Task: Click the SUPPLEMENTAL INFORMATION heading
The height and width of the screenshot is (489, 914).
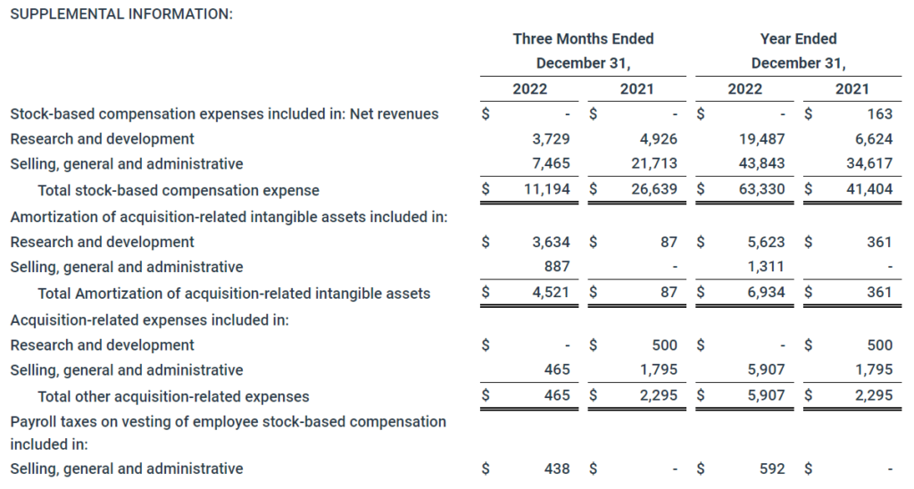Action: point(120,14)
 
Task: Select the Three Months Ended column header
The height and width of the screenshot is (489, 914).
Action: point(583,38)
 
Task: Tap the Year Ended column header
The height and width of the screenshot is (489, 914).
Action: point(798,38)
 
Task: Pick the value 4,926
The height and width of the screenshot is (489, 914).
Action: point(659,138)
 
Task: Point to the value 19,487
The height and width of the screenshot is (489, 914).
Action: point(764,138)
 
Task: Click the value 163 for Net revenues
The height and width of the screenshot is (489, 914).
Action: point(879,113)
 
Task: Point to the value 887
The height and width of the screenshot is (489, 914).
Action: point(556,267)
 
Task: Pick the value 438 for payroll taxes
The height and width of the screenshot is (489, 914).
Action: point(556,468)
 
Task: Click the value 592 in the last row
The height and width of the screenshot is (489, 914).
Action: point(772,468)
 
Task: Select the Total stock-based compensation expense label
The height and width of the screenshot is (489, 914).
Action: point(179,190)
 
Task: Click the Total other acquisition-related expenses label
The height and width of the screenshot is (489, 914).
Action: point(173,396)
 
